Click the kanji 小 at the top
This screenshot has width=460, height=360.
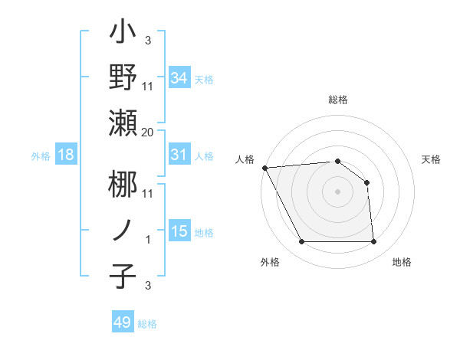coord(123,34)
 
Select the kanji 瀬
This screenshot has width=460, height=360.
coord(123,122)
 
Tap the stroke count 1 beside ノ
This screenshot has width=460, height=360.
coord(148,240)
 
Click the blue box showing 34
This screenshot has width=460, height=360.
coord(179,77)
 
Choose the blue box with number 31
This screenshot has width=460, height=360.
coord(179,155)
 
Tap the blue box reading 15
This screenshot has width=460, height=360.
coord(179,231)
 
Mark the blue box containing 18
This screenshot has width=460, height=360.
coord(66,155)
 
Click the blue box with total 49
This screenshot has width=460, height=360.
coord(123,322)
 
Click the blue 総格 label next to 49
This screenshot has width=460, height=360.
coord(148,324)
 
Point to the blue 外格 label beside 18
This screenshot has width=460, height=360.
coord(41,156)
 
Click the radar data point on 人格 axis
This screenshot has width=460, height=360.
coord(264,168)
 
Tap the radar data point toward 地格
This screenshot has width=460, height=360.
coord(374,242)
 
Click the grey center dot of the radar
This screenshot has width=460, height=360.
coord(338,191)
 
